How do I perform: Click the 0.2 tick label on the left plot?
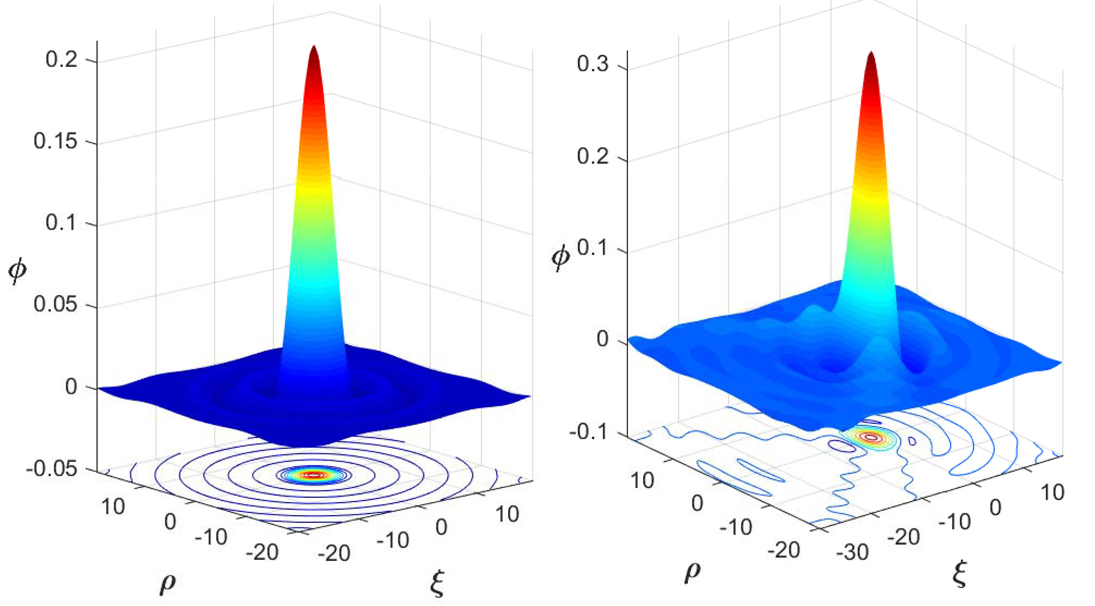[x=61, y=59]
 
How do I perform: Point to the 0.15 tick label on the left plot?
[x=55, y=141]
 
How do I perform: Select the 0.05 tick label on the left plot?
[x=55, y=304]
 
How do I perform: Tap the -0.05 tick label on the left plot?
[x=51, y=469]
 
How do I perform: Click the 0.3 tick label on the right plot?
[x=592, y=64]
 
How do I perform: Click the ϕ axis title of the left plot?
[x=17, y=270]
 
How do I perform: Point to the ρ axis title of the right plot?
[x=693, y=572]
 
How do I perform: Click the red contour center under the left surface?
[x=313, y=475]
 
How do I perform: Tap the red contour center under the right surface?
[x=871, y=437]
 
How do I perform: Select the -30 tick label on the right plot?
[x=852, y=552]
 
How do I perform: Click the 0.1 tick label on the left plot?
[x=61, y=223]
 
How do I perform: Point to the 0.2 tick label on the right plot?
[x=592, y=156]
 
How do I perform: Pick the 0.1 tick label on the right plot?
[x=592, y=248]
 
